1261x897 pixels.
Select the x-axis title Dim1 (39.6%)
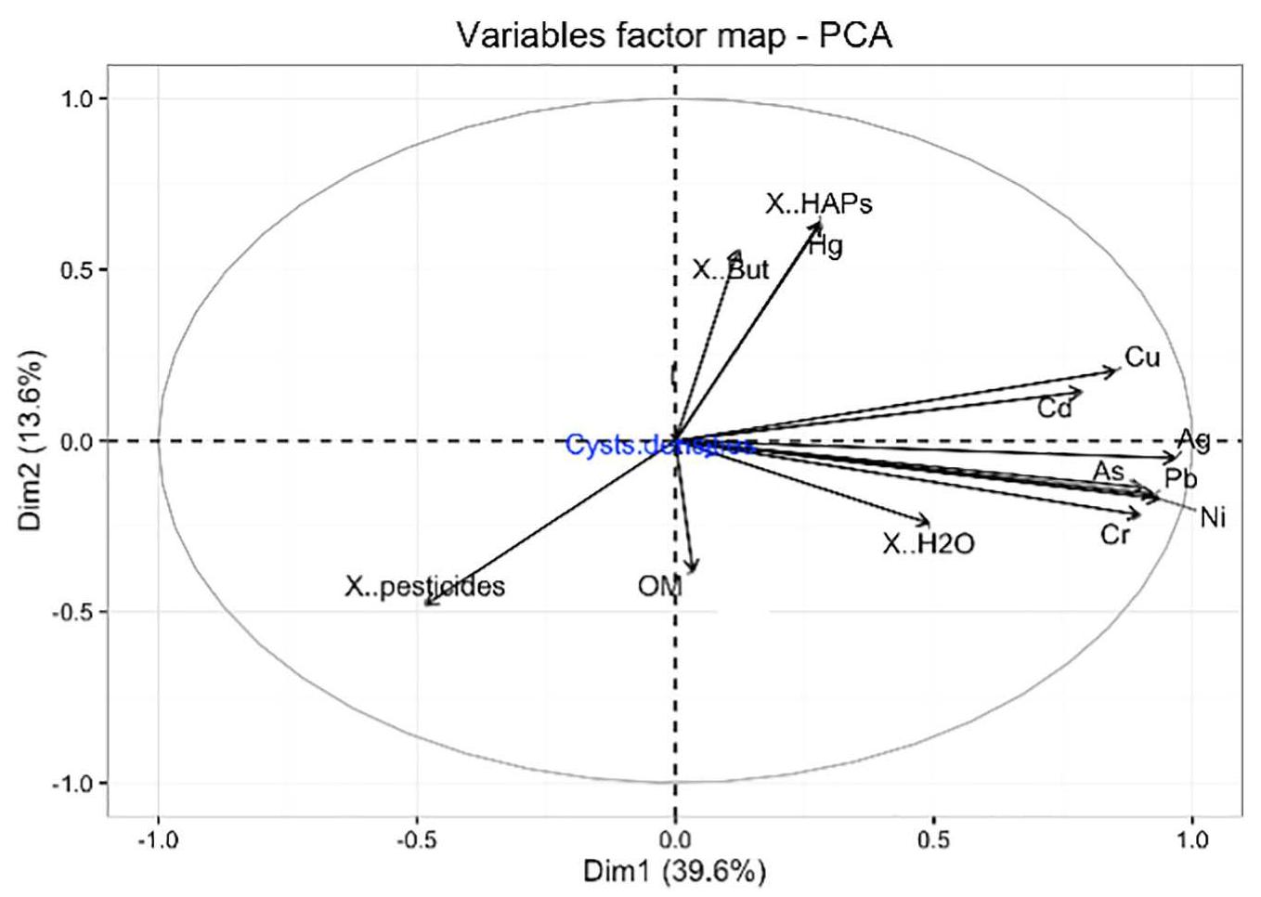click(674, 873)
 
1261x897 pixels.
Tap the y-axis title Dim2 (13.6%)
click(32, 440)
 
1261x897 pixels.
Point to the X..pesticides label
click(425, 587)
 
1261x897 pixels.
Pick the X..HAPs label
click(819, 203)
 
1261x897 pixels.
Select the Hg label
click(825, 247)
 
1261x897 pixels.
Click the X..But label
click(731, 270)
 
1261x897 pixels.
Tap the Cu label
click(1142, 357)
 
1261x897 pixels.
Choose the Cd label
click(1055, 409)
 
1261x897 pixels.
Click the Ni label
click(1213, 518)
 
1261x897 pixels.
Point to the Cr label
click(1114, 535)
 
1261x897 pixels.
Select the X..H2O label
click(929, 544)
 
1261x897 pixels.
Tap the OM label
click(659, 587)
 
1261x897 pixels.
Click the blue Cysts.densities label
click(661, 446)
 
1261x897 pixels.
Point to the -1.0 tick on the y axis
click(74, 783)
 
